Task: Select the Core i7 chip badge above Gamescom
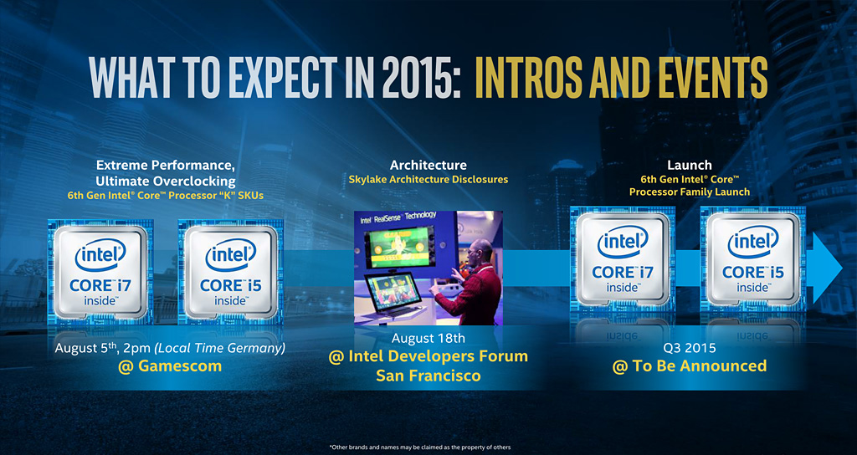[x=100, y=272]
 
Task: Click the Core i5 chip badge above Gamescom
[x=231, y=272]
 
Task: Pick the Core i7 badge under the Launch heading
[x=623, y=259]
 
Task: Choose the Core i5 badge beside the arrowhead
[x=753, y=259]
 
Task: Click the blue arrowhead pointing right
[x=824, y=268]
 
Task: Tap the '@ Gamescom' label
[x=170, y=366]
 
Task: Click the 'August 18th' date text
[x=428, y=339]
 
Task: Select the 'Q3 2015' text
[x=690, y=347]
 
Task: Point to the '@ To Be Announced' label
[x=690, y=366]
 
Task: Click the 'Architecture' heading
[x=428, y=165]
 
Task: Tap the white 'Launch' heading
[x=690, y=165]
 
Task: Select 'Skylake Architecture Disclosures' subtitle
[x=428, y=179]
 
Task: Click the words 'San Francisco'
[x=428, y=376]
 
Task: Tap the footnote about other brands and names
[x=420, y=447]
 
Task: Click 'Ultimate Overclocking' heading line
[x=166, y=181]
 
